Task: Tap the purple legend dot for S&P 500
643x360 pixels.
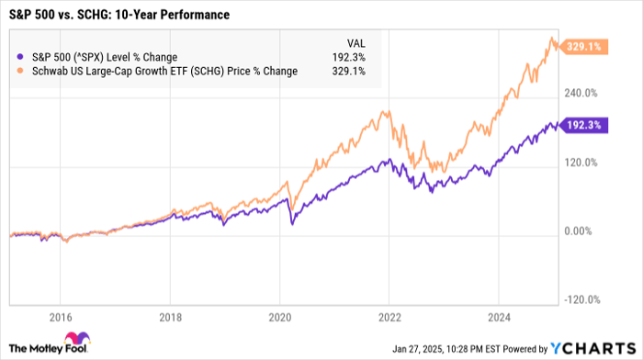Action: [20, 57]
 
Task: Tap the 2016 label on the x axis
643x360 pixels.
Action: [61, 318]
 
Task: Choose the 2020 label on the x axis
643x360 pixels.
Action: [279, 318]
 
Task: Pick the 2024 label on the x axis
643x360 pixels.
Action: [498, 318]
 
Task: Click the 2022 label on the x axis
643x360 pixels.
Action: [389, 318]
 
